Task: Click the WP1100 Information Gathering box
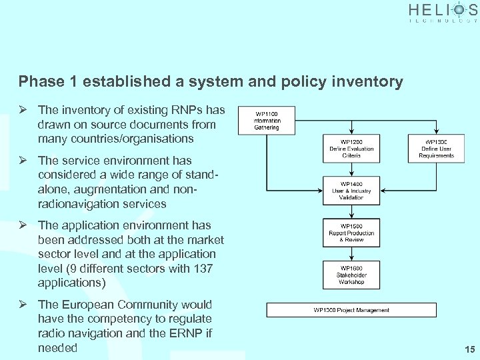[267, 121]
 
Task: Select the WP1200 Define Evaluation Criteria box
[351, 149]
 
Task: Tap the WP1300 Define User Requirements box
[437, 149]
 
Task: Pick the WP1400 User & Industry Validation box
[351, 191]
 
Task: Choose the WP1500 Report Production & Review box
[351, 233]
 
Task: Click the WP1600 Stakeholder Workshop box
[351, 274]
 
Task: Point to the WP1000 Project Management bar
[351, 310]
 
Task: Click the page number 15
[468, 349]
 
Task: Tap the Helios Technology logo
[443, 12]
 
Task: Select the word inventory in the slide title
[369, 82]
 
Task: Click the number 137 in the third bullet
[203, 268]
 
